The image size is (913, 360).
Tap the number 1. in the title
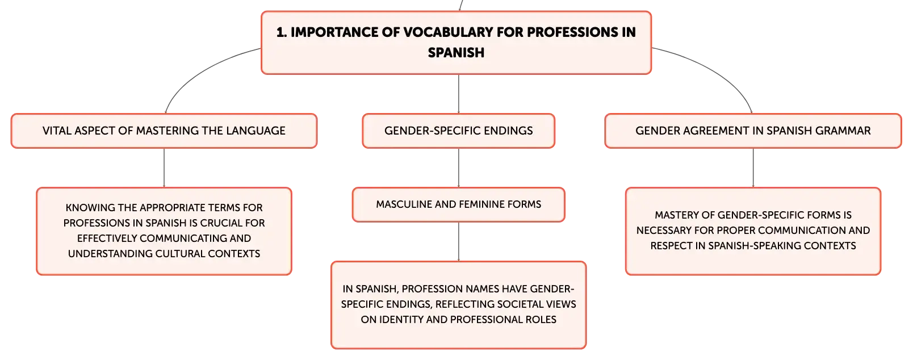(x=281, y=32)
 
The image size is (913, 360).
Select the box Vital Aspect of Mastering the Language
(x=164, y=131)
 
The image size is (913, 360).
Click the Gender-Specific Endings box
(x=459, y=131)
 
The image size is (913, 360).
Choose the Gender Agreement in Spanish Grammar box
(x=753, y=131)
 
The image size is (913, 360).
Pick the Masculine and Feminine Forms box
(x=459, y=204)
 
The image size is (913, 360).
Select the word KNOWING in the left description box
(x=85, y=207)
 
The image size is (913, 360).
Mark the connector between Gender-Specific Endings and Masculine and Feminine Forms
(x=459, y=168)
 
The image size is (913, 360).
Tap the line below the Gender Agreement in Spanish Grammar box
(x=753, y=168)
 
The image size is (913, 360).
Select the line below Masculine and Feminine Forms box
(x=459, y=241)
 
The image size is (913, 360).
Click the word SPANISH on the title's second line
(x=456, y=53)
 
